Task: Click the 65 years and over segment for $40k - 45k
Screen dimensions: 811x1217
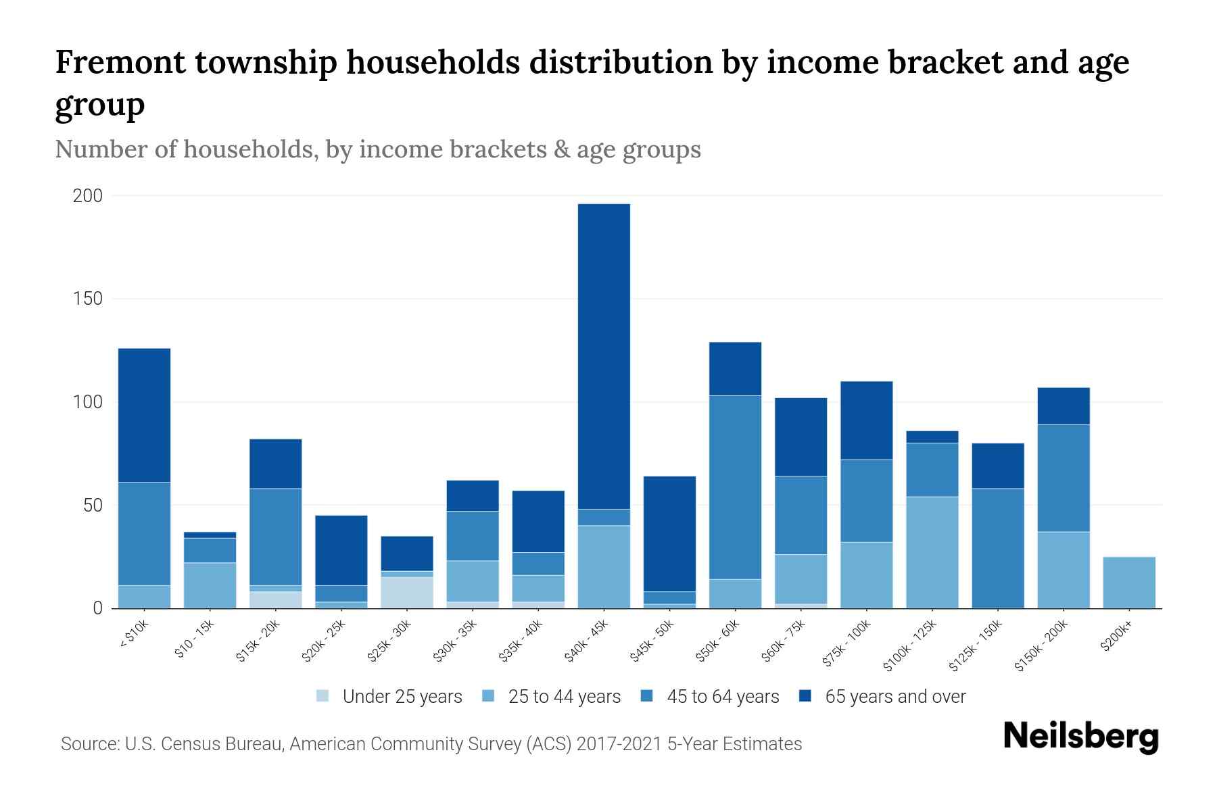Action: click(x=604, y=356)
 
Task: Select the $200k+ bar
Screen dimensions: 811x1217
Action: click(x=1129, y=583)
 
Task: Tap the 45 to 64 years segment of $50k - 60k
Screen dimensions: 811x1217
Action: click(x=735, y=487)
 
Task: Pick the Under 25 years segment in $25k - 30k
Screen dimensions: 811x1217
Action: click(x=407, y=592)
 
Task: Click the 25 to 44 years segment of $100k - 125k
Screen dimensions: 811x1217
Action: click(x=932, y=552)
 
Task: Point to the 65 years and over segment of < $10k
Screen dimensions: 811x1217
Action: click(x=144, y=415)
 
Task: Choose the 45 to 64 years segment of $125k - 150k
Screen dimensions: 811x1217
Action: click(x=998, y=547)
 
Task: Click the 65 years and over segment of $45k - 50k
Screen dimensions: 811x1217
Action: click(x=669, y=534)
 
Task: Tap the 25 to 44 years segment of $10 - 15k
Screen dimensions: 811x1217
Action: click(x=210, y=585)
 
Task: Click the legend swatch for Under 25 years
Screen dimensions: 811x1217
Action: click(x=323, y=696)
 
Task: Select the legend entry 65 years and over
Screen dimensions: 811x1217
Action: click(x=894, y=697)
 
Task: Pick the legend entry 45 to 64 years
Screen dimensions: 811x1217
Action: click(x=722, y=697)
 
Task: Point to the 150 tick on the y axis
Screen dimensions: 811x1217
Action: click(x=88, y=299)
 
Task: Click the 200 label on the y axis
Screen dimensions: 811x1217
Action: click(x=88, y=196)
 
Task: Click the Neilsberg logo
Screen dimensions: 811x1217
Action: click(x=1080, y=737)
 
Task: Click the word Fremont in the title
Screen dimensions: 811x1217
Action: click(x=119, y=62)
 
